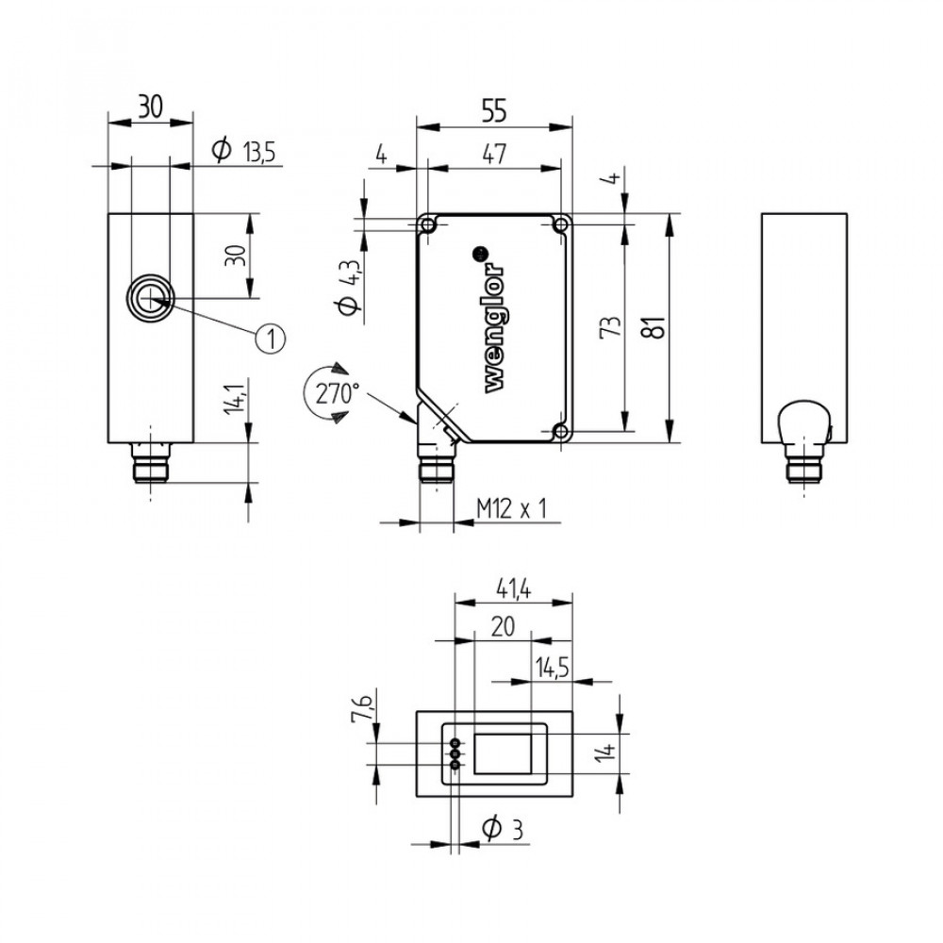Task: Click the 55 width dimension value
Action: tap(494, 111)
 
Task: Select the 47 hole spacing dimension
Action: tap(494, 155)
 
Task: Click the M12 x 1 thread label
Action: tap(512, 509)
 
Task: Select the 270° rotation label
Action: tap(337, 394)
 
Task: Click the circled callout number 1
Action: tap(270, 339)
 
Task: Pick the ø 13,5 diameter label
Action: tap(243, 151)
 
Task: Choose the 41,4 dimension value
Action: tap(514, 589)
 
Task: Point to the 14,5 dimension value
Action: tap(552, 669)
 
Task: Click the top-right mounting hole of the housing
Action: tap(560, 225)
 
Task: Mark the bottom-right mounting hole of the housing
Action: tap(560, 431)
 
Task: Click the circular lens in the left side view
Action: tap(150, 298)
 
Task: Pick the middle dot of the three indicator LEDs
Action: tap(455, 754)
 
